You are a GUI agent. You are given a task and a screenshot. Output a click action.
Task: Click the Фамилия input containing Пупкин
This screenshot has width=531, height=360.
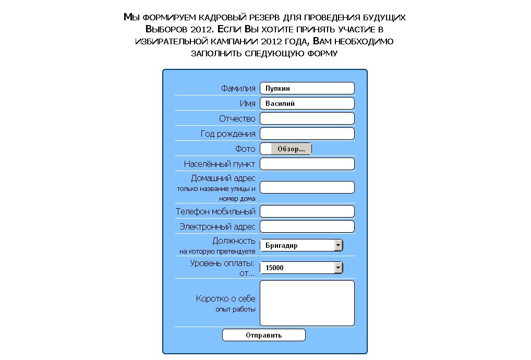tap(307, 88)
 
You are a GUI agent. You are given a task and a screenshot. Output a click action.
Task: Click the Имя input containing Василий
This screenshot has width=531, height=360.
tap(307, 103)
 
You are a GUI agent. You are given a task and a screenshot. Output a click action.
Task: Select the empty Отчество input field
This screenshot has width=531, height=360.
tap(307, 118)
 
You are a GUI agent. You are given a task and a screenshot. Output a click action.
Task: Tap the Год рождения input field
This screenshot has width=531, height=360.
tap(307, 134)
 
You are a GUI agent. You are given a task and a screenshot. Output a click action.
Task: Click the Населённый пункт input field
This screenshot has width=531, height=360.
tap(307, 164)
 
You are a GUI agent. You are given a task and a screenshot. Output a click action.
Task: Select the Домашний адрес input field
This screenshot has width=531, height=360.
tap(307, 187)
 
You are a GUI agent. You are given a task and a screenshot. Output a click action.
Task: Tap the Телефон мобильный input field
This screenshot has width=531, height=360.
tap(307, 211)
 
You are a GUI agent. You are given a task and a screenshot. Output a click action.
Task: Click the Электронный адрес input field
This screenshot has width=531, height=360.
tap(307, 226)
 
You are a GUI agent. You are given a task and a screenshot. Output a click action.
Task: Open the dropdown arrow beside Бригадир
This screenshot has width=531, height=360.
tap(338, 245)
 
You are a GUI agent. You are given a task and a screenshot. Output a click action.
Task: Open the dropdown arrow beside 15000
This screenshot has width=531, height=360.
tap(338, 268)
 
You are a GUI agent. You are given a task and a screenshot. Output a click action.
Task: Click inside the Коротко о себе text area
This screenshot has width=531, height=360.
tap(307, 303)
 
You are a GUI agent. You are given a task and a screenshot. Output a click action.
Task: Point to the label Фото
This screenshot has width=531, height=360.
tap(245, 149)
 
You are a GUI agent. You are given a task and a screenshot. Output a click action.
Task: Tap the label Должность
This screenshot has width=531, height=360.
tap(234, 241)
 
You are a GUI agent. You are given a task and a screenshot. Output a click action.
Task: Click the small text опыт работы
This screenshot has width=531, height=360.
tap(235, 309)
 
